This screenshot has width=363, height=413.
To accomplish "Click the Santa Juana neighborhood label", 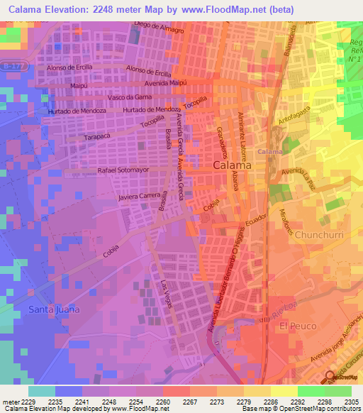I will tap(53, 309).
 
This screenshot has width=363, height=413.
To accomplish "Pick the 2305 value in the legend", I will tap(338, 401).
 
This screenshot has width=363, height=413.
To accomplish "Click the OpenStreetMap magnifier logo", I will tap(330, 376).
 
